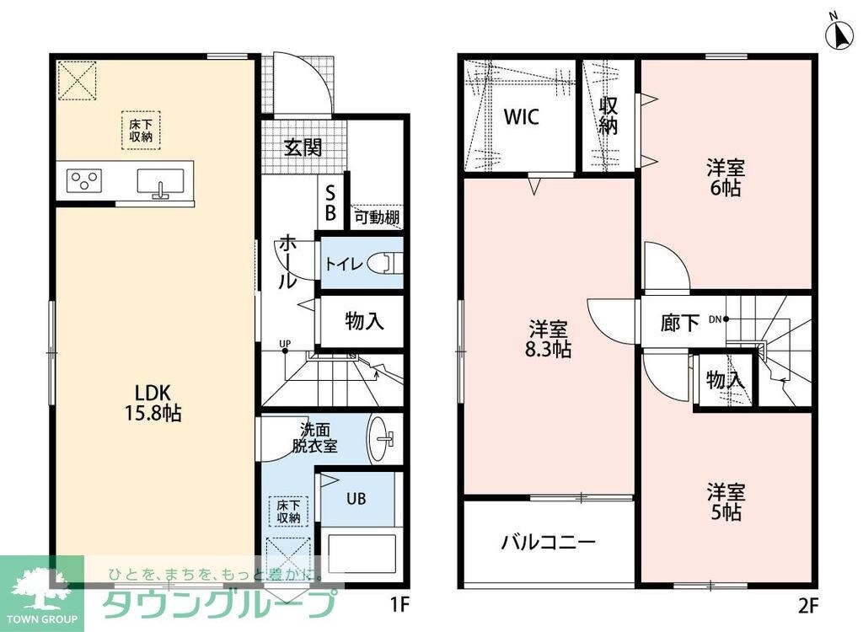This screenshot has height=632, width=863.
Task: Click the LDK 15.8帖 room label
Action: pyautogui.click(x=153, y=402)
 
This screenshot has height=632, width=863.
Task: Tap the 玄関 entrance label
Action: pyautogui.click(x=302, y=147)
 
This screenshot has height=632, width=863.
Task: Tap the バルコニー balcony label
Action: pyautogui.click(x=549, y=542)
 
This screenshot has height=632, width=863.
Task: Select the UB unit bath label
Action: pyautogui.click(x=356, y=498)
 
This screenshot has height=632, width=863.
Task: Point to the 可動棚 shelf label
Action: pyautogui.click(x=376, y=217)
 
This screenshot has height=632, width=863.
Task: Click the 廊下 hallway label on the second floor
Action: pyautogui.click(x=679, y=321)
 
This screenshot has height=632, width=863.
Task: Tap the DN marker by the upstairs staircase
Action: pyautogui.click(x=718, y=319)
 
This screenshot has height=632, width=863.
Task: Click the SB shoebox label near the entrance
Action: pyautogui.click(x=330, y=203)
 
